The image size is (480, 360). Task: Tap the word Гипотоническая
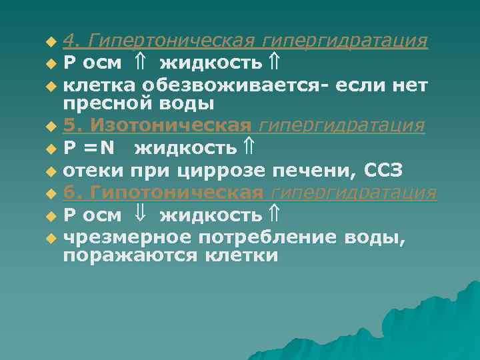click(x=175, y=193)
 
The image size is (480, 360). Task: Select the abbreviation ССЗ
click(x=383, y=171)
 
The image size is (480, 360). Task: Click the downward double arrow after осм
click(x=139, y=214)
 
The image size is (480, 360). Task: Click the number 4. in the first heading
click(x=73, y=41)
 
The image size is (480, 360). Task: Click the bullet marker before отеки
click(x=53, y=172)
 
